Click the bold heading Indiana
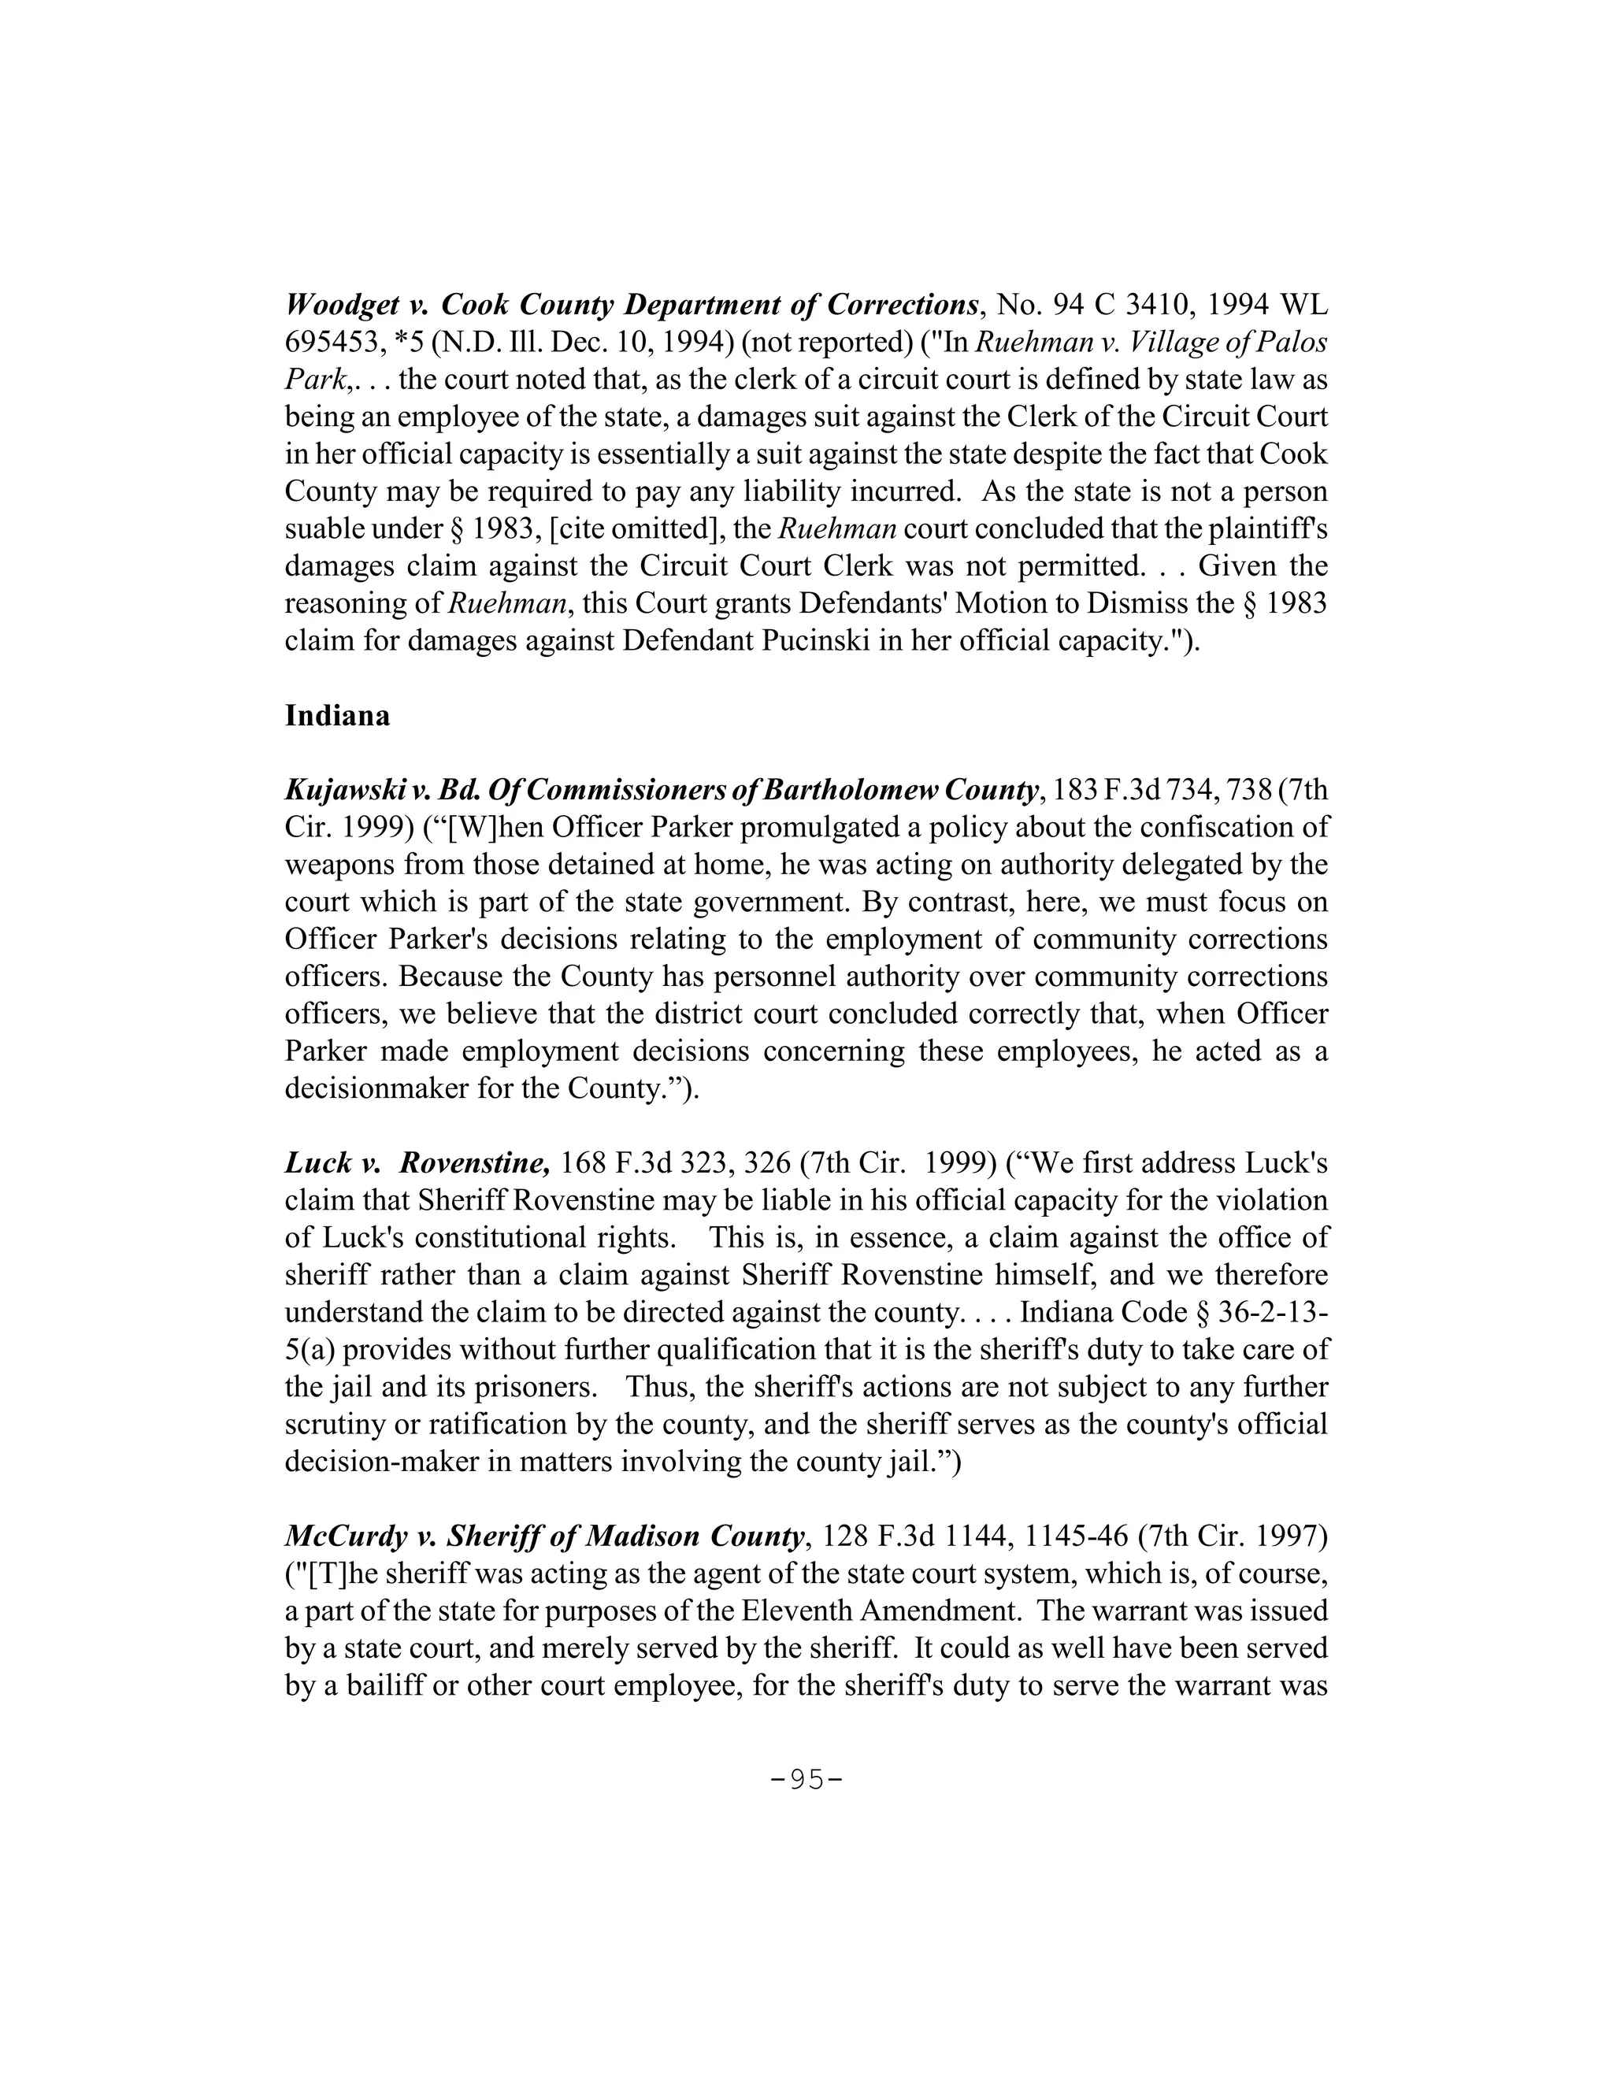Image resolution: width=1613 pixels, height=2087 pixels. [x=337, y=716]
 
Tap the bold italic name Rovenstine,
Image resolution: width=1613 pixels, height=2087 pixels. [x=474, y=1163]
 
